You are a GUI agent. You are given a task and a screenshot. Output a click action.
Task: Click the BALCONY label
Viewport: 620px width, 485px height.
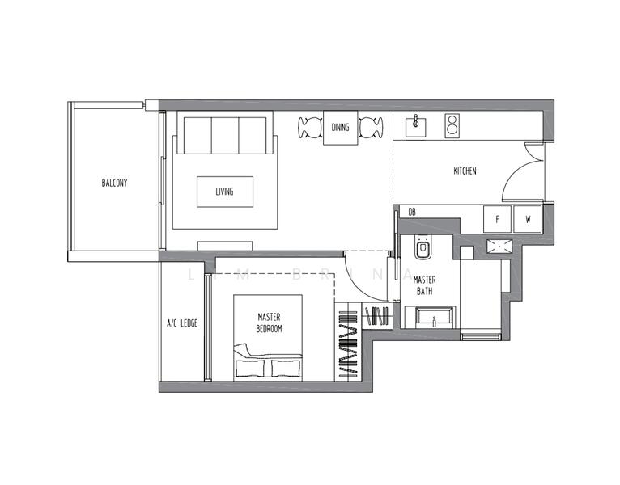pos(114,183)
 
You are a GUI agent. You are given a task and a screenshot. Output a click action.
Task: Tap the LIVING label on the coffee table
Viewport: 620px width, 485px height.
pos(224,192)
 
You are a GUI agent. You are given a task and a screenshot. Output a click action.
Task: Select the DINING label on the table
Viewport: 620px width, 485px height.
pos(341,127)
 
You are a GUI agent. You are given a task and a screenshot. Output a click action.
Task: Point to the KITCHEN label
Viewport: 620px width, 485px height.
pos(465,171)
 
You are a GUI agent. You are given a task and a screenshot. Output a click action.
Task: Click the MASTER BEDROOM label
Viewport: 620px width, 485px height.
pos(269,323)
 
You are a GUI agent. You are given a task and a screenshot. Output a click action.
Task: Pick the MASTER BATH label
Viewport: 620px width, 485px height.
pos(424,285)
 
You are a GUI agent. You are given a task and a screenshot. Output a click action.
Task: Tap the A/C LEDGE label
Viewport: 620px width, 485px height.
pos(182,323)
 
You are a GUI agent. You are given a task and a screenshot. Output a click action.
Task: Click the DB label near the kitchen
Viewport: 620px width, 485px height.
pos(412,212)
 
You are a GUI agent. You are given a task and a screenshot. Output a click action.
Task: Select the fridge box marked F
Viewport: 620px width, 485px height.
pos(497,218)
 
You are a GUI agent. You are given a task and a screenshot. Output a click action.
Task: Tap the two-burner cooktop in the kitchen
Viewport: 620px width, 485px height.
pos(452,124)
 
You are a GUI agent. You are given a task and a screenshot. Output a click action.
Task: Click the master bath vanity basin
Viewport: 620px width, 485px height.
pos(435,318)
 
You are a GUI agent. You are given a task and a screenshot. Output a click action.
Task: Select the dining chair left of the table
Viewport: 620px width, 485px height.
pos(311,128)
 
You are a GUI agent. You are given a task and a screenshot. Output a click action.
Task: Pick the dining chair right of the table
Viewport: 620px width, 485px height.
pos(371,128)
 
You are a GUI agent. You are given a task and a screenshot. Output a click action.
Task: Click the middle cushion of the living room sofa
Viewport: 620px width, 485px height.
pos(224,134)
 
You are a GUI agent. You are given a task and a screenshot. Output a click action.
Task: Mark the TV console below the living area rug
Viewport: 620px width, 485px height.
pos(225,245)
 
